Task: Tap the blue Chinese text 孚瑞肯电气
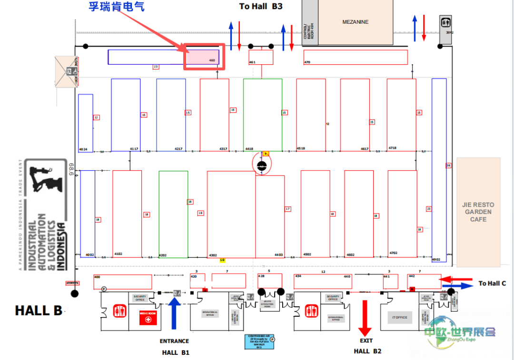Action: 117,7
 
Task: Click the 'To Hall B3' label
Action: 261,6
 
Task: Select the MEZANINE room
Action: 356,22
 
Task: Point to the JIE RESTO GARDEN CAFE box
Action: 478,212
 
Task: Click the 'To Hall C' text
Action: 492,283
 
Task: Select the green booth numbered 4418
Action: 262,114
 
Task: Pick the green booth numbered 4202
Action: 173,214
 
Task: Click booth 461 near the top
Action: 261,57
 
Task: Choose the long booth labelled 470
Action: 356,57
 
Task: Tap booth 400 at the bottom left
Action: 123,282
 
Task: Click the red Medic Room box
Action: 148,318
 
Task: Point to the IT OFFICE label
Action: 399,317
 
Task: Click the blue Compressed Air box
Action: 259,342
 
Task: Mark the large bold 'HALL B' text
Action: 39,311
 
